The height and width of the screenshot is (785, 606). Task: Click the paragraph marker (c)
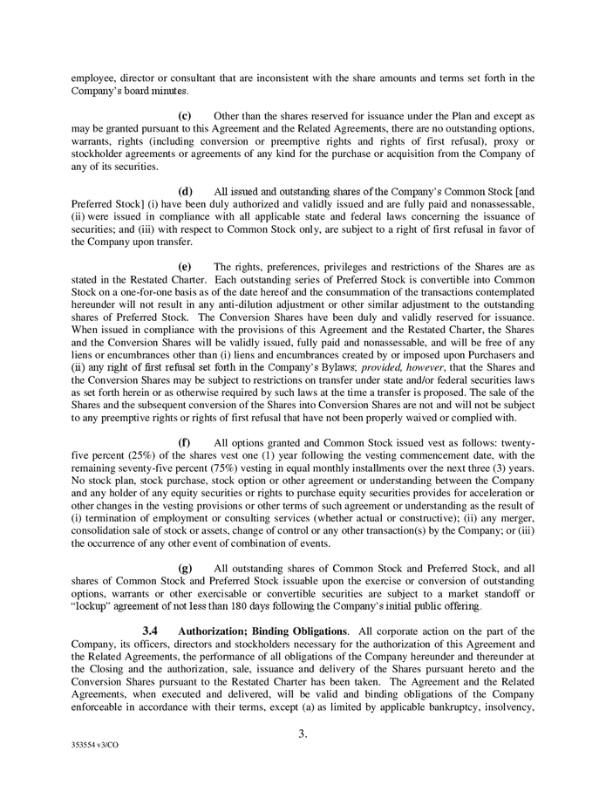click(185, 115)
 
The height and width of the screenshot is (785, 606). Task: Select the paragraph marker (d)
click(185, 191)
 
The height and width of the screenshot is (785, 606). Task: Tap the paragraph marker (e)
click(185, 267)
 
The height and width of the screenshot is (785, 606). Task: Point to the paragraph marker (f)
click(185, 443)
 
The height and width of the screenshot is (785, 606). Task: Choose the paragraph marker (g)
click(185, 569)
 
